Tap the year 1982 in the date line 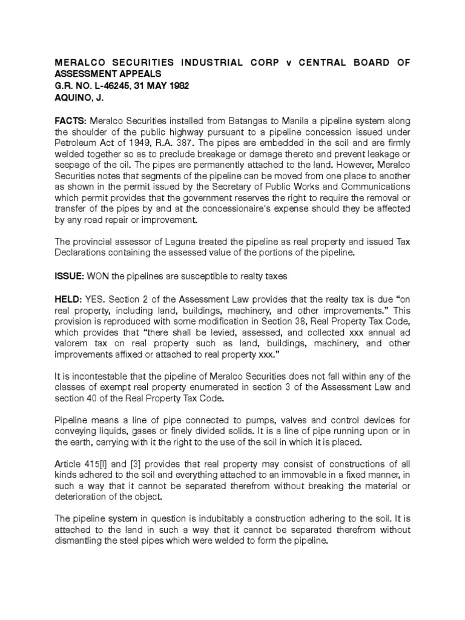tap(177, 86)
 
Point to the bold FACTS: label tap(71, 121)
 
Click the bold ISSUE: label tap(69, 276)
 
